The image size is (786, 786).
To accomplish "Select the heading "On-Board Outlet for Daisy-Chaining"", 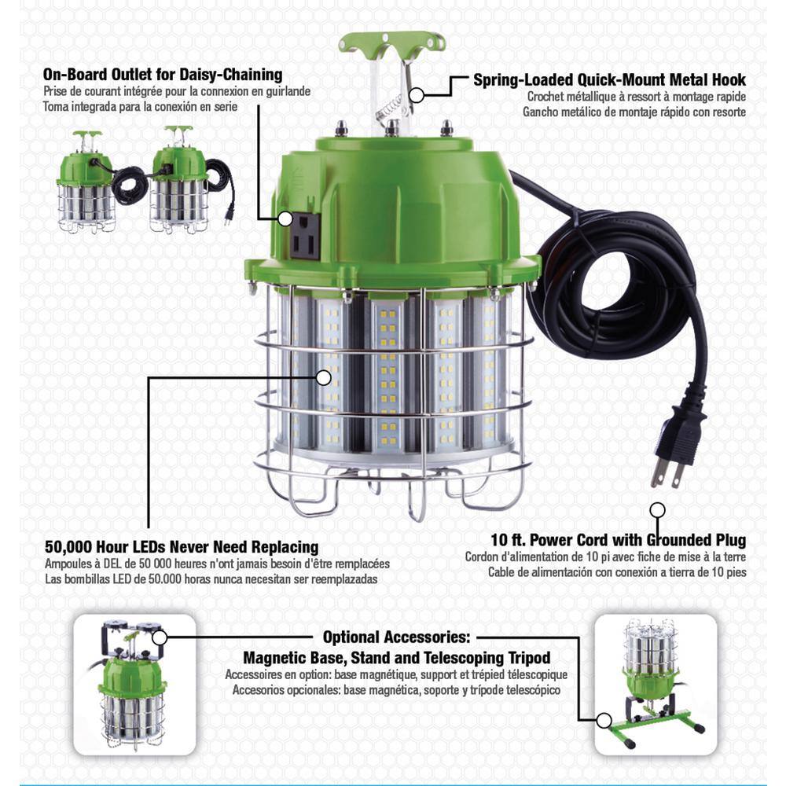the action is (x=163, y=75).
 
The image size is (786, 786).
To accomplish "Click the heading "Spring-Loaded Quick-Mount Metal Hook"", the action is (x=610, y=79).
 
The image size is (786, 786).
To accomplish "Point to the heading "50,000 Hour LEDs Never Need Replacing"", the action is (x=182, y=546).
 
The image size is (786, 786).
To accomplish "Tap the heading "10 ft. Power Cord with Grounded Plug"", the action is (x=618, y=540).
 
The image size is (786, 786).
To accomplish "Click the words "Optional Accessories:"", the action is (x=396, y=637).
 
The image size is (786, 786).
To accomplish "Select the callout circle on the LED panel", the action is (x=324, y=377).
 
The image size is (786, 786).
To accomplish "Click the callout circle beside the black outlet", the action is (x=285, y=219).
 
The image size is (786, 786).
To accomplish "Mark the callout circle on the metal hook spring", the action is (x=416, y=94).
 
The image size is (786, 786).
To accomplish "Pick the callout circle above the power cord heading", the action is (x=657, y=510).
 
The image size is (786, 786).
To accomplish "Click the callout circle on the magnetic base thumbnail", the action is (x=160, y=637).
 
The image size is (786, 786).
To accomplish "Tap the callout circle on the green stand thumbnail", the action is (x=604, y=721).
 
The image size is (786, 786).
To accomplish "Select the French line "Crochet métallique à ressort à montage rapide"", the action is (x=637, y=97).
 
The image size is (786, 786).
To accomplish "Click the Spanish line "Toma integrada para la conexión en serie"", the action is (x=141, y=107).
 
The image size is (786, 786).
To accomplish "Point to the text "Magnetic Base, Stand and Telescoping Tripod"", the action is (x=396, y=657).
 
